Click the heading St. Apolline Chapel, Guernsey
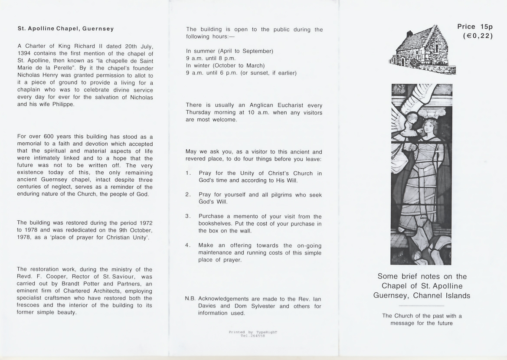click(x=65, y=29)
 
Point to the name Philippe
click(x=61, y=104)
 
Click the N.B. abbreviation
click(x=191, y=299)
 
